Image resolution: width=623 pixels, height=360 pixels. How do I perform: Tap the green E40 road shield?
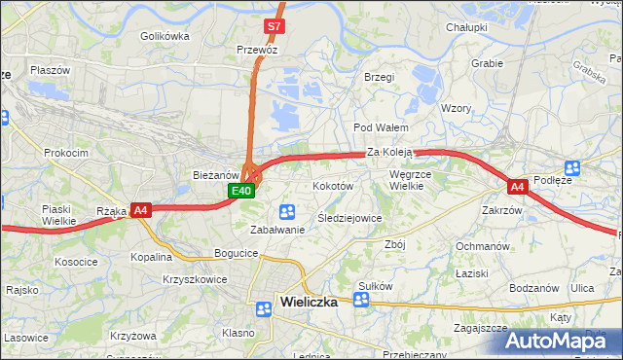pyautogui.click(x=242, y=191)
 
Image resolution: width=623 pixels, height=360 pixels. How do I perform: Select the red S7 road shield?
pyautogui.click(x=275, y=26)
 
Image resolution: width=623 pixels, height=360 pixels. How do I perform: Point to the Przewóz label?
pyautogui.click(x=257, y=48)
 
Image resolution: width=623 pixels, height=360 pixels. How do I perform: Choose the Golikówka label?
pyautogui.click(x=164, y=36)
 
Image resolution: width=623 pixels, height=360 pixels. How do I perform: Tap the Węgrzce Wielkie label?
pyautogui.click(x=410, y=180)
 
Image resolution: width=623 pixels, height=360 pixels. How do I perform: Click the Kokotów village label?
pyautogui.click(x=332, y=185)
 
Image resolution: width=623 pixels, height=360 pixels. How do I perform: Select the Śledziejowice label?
pyautogui.click(x=349, y=218)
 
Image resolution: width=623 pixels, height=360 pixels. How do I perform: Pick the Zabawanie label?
pyautogui.click(x=277, y=230)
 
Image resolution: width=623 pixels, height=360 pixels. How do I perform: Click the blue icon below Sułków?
pyautogui.click(x=361, y=300)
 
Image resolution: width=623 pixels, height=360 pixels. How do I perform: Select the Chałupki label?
pyautogui.click(x=466, y=27)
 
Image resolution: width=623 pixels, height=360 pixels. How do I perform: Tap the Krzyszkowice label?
pyautogui.click(x=196, y=279)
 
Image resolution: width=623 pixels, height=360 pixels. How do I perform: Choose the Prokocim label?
pyautogui.click(x=65, y=153)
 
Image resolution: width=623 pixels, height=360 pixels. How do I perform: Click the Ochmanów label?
pyautogui.click(x=483, y=246)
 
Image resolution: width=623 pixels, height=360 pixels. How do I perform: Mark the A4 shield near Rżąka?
pyautogui.click(x=140, y=209)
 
